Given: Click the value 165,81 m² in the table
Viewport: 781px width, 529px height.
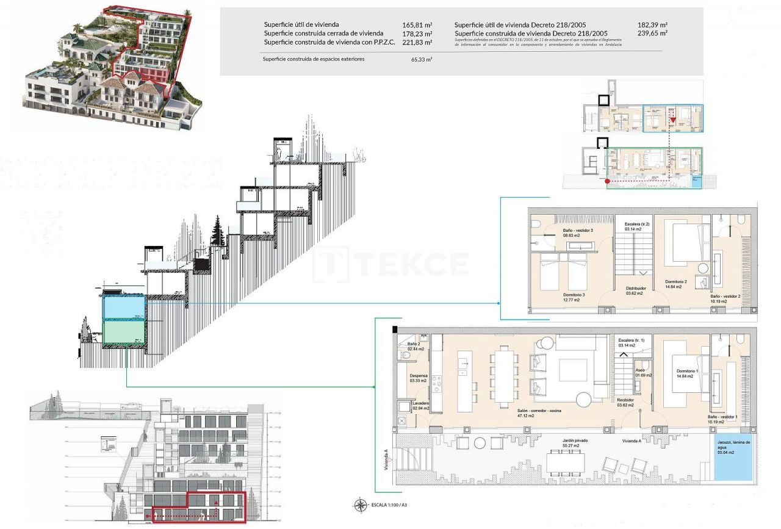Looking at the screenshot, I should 417,25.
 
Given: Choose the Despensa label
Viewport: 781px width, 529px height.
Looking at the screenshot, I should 419,376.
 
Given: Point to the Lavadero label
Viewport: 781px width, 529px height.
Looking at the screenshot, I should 421,404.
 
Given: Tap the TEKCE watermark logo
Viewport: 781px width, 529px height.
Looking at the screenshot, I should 390,264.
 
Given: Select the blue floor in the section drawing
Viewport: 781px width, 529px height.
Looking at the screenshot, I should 124,307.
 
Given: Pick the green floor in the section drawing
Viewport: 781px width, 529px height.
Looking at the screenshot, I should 124,333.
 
